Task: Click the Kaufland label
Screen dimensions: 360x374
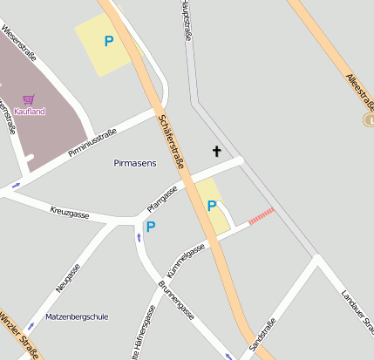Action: pyautogui.click(x=30, y=112)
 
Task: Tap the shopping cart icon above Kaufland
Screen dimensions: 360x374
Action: pyautogui.click(x=30, y=100)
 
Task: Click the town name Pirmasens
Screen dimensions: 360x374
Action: pyautogui.click(x=135, y=163)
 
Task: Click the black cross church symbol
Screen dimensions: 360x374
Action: pyautogui.click(x=216, y=152)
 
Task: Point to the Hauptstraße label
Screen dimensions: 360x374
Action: pyautogui.click(x=186, y=21)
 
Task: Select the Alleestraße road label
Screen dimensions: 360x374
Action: pyautogui.click(x=359, y=92)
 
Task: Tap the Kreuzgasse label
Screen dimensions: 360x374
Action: pyautogui.click(x=70, y=212)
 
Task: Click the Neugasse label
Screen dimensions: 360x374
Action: pyautogui.click(x=68, y=277)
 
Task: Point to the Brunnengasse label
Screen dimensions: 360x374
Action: pyautogui.click(x=176, y=300)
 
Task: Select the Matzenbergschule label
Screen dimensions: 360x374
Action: pyautogui.click(x=77, y=316)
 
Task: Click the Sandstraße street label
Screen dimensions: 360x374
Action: pyautogui.click(x=262, y=336)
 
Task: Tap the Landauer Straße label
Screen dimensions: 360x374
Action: pyautogui.click(x=357, y=310)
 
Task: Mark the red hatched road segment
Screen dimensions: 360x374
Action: pyautogui.click(x=262, y=216)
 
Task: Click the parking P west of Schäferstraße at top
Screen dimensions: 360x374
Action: pyautogui.click(x=109, y=41)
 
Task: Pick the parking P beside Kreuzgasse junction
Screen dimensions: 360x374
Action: pyautogui.click(x=150, y=227)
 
